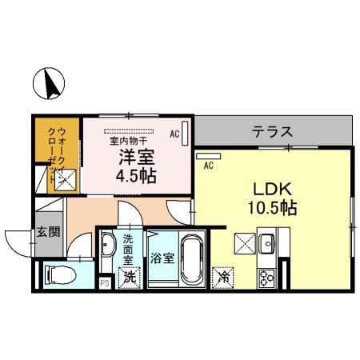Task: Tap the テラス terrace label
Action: tap(271, 131)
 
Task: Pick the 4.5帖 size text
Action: tap(138, 175)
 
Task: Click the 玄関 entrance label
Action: tap(48, 233)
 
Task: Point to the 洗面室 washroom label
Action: tap(128, 255)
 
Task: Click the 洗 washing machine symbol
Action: tap(128, 278)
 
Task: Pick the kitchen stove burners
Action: tap(266, 278)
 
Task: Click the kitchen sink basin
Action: tap(267, 242)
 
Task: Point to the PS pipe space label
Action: tap(104, 282)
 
